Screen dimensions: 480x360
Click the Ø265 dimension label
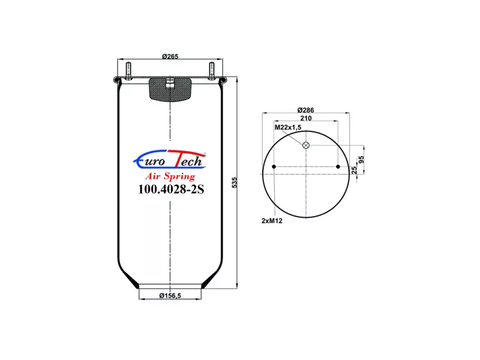[x=170, y=56]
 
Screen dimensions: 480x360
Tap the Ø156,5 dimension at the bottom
[x=170, y=295]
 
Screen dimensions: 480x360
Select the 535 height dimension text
[x=235, y=182]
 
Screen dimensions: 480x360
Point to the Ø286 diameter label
[x=305, y=110]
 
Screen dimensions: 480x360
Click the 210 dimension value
[x=306, y=118]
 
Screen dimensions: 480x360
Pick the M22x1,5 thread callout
[x=288, y=127]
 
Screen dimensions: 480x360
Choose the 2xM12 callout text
[x=272, y=221]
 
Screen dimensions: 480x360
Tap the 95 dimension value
[x=361, y=160]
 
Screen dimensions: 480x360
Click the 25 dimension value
[x=354, y=170]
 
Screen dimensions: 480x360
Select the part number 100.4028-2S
[x=171, y=189]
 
